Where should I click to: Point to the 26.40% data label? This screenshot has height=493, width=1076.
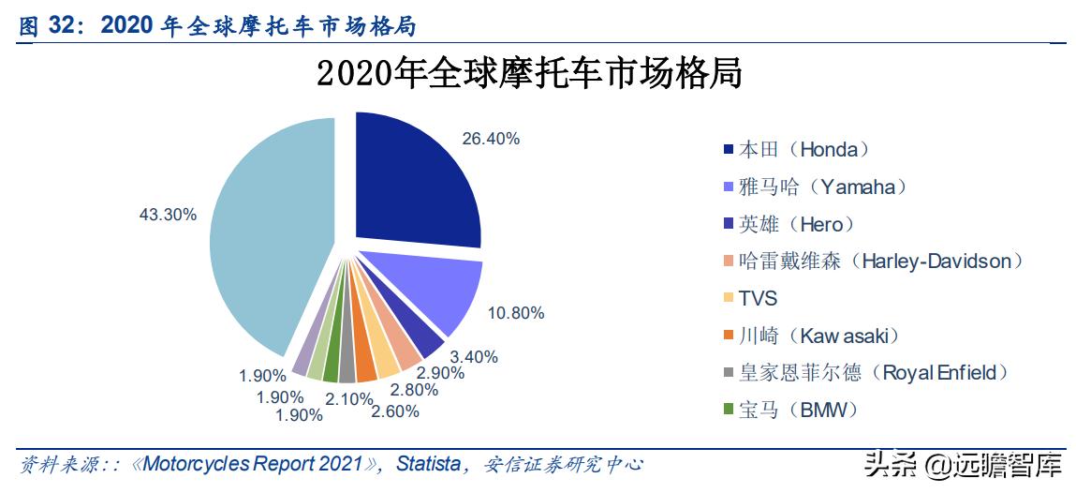click(x=491, y=139)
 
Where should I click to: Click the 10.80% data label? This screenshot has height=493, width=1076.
click(x=515, y=313)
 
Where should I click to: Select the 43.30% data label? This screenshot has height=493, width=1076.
click(x=168, y=215)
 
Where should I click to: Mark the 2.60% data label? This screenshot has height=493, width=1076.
click(x=394, y=411)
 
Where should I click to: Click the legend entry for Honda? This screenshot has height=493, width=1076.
click(x=803, y=149)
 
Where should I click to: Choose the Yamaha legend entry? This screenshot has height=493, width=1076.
click(x=822, y=187)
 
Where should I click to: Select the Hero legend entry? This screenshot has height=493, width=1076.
click(x=796, y=224)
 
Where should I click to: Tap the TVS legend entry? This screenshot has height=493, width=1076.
click(x=758, y=299)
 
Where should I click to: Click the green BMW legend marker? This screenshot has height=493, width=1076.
click(x=728, y=411)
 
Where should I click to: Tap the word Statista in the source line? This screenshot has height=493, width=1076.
click(x=429, y=465)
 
